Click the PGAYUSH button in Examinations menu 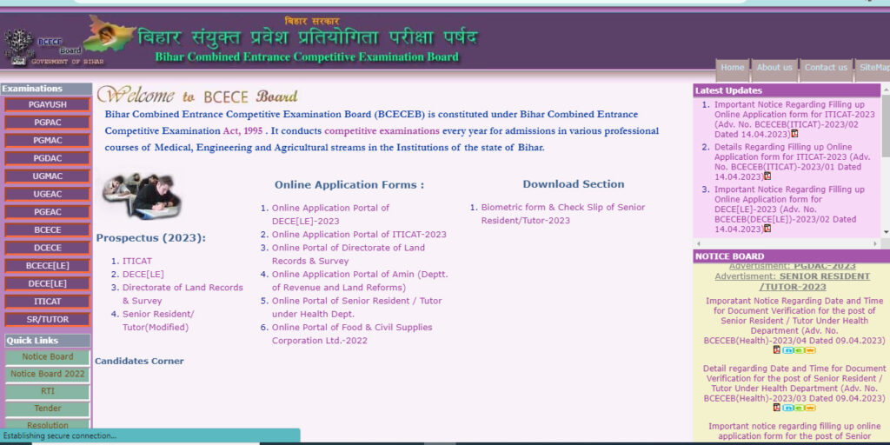(x=47, y=104)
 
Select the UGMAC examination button (x=47, y=176)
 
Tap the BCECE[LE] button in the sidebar (x=47, y=266)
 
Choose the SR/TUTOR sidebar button (x=47, y=320)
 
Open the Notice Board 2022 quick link (x=47, y=374)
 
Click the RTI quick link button (x=47, y=391)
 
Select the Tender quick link (x=47, y=408)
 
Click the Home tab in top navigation (x=733, y=68)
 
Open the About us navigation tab (x=774, y=68)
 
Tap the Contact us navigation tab (x=826, y=68)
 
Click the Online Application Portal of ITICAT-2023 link (x=359, y=235)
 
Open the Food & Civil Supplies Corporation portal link (x=351, y=334)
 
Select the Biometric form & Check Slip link (x=563, y=214)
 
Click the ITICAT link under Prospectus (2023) (x=137, y=261)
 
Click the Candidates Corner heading (x=139, y=361)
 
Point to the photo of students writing (x=140, y=195)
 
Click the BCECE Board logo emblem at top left (x=19, y=43)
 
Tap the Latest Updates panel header (x=728, y=90)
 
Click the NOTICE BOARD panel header (x=730, y=256)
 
